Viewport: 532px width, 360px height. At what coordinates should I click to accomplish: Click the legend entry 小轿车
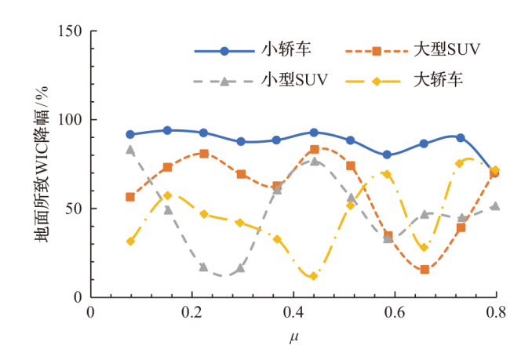[x=286, y=51]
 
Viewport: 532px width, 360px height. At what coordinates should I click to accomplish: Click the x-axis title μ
[x=293, y=338]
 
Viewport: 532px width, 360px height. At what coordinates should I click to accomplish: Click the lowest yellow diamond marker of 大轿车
[x=314, y=276]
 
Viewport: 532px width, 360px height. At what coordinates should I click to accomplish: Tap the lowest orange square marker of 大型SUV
[x=425, y=269]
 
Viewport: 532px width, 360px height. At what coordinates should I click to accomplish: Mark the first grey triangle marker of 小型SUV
[x=130, y=150]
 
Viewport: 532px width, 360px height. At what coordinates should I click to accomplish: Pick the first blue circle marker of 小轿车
[x=130, y=135]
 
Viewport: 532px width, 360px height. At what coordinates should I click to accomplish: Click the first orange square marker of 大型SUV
[x=130, y=197]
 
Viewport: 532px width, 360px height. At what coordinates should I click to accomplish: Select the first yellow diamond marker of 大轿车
[x=130, y=241]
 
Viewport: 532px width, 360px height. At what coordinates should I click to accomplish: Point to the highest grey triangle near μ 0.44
[x=314, y=162]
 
